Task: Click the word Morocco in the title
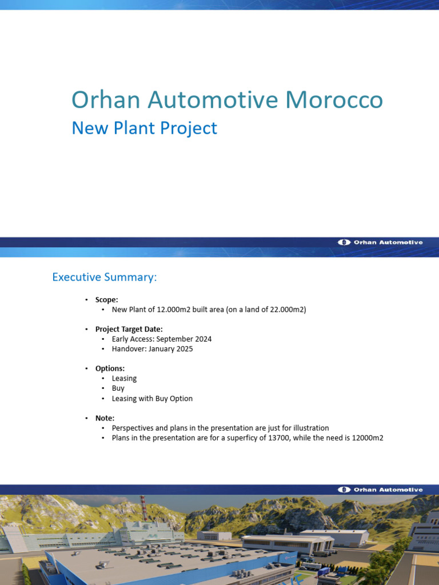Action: tap(334, 100)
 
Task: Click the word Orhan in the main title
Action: tap(106, 100)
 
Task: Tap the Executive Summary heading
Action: tap(104, 277)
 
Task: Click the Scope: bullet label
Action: tap(107, 299)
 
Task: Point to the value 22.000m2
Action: tap(285, 310)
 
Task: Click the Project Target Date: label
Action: tap(129, 329)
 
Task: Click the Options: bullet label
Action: tap(110, 368)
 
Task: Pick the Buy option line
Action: tap(118, 388)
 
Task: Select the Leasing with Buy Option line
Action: tap(152, 398)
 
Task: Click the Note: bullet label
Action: tap(105, 418)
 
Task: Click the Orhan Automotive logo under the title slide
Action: tap(381, 242)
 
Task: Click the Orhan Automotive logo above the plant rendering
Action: tap(381, 490)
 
